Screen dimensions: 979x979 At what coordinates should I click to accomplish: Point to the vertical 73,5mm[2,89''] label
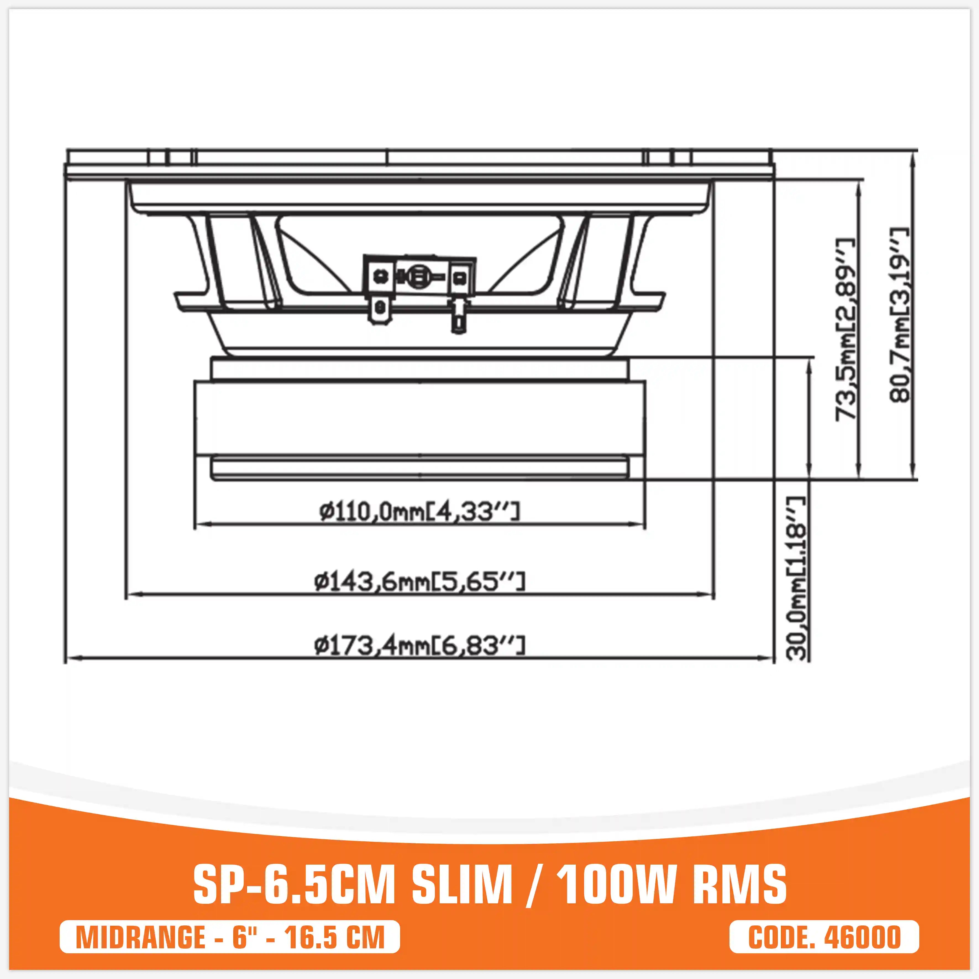pyautogui.click(x=845, y=329)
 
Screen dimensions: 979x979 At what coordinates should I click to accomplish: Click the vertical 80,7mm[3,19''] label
pyautogui.click(x=899, y=314)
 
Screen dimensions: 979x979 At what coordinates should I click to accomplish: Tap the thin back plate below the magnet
pyautogui.click(x=419, y=467)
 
